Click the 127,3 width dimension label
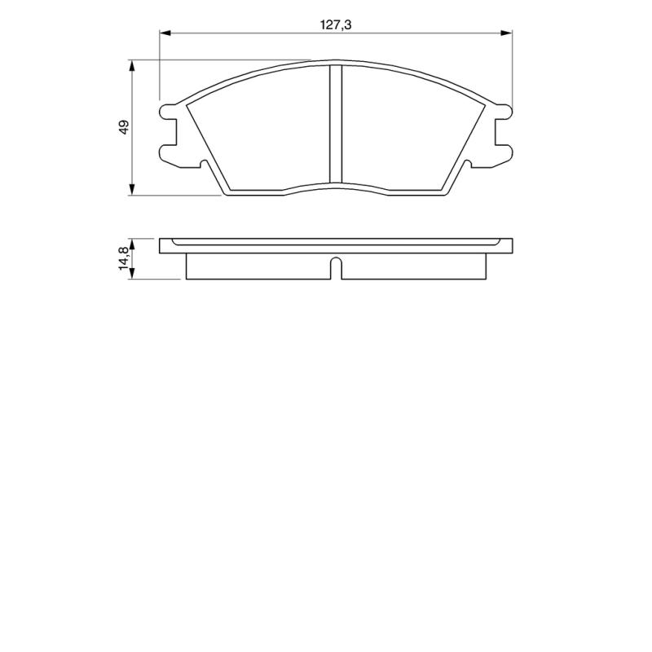click(336, 25)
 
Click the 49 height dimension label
click(124, 127)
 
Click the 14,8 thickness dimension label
click(125, 258)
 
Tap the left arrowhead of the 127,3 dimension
click(165, 33)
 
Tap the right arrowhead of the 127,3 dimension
click(506, 33)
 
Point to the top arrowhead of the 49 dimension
click(132, 66)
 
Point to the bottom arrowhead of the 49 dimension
click(132, 189)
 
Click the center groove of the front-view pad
click(336, 124)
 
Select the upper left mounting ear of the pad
click(168, 112)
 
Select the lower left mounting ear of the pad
click(168, 152)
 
